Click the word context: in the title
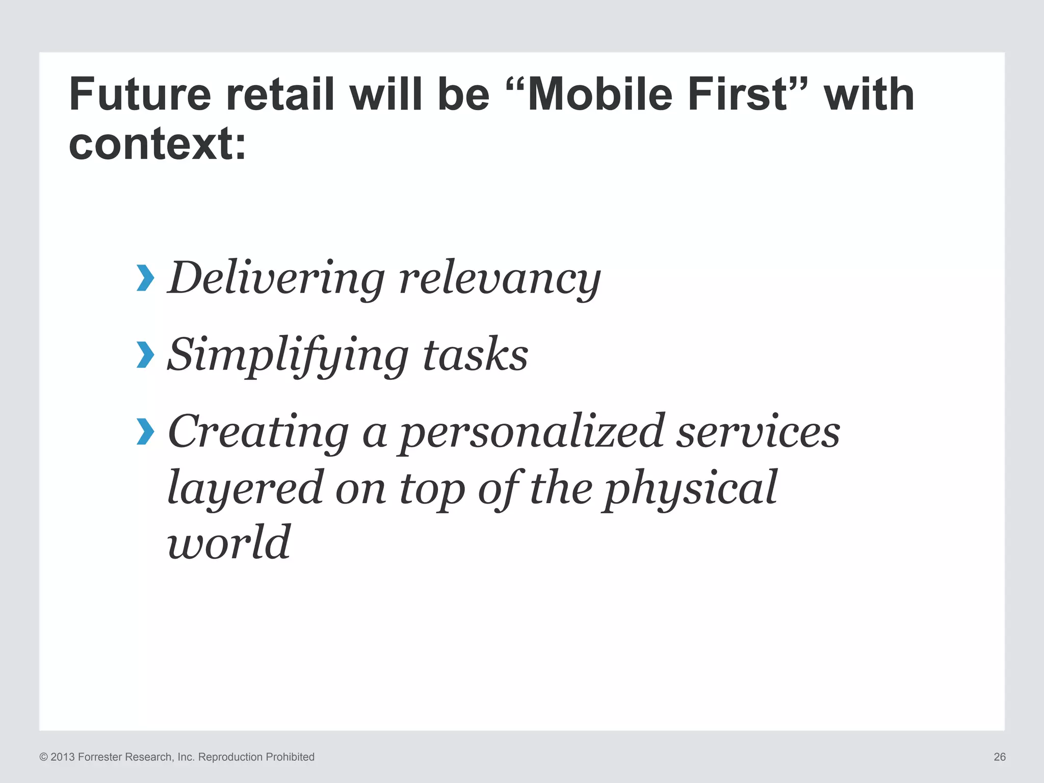coord(157,144)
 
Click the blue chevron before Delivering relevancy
coord(145,278)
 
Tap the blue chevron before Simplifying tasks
coord(145,355)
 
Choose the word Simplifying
coord(288,356)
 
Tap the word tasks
coord(475,355)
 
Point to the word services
coord(758,432)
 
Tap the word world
coord(229,542)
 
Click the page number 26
coord(1000,757)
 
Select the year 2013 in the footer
coord(63,757)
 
